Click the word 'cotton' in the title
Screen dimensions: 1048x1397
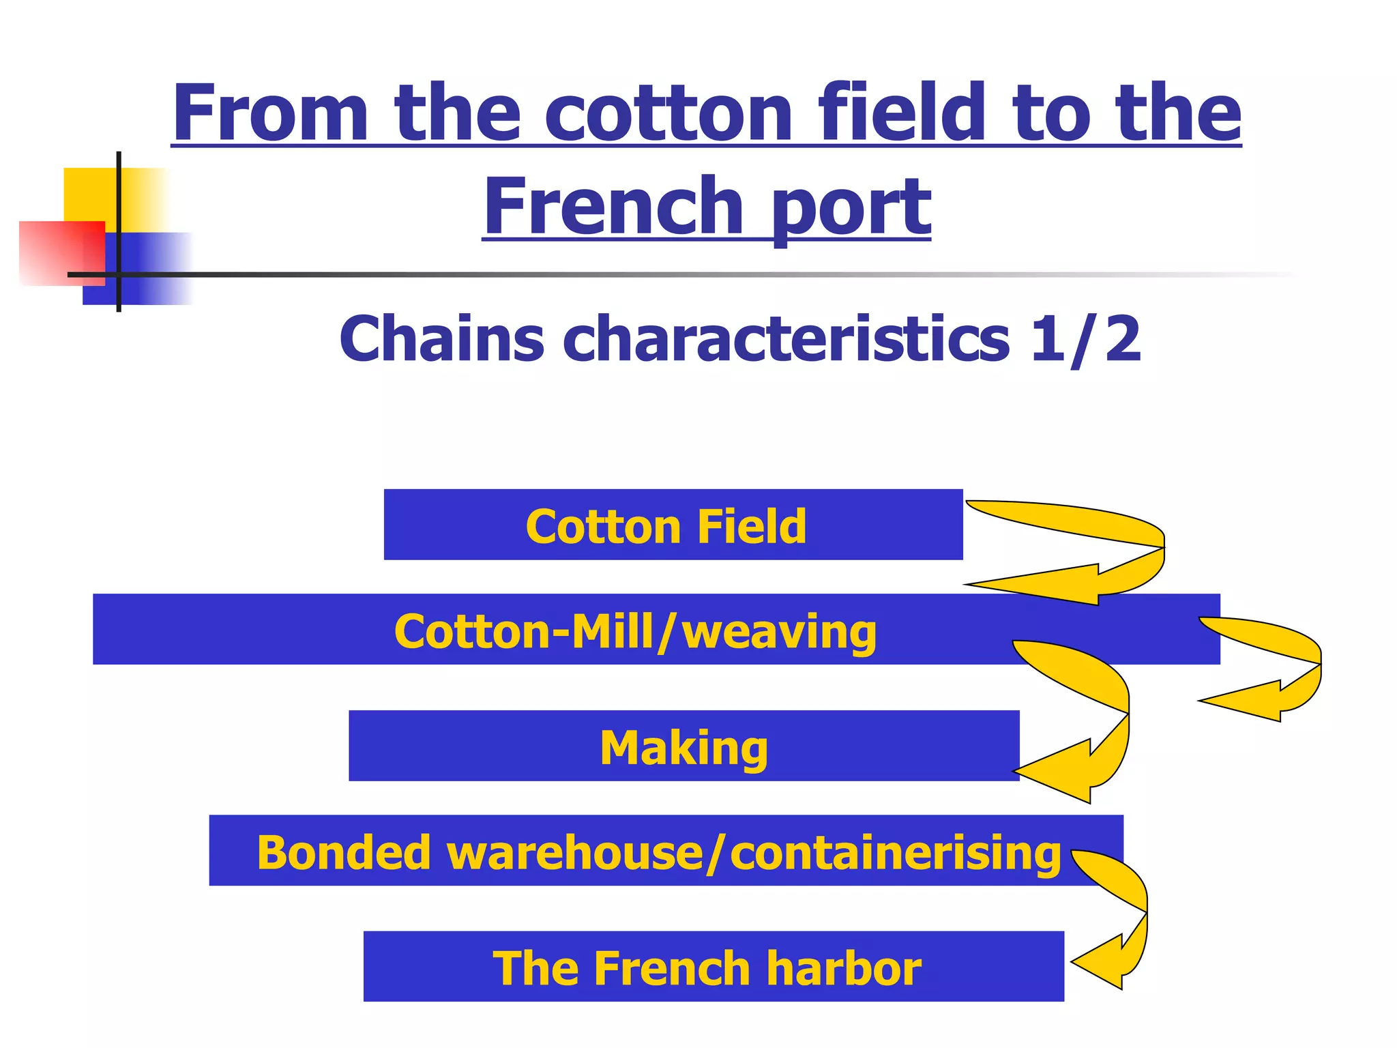668,113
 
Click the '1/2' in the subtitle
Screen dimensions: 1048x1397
1085,338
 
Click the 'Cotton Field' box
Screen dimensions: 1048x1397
673,525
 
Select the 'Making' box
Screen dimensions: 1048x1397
683,746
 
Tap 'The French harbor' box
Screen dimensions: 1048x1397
713,966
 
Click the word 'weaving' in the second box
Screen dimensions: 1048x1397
779,632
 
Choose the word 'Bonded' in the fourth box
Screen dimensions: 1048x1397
343,853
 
